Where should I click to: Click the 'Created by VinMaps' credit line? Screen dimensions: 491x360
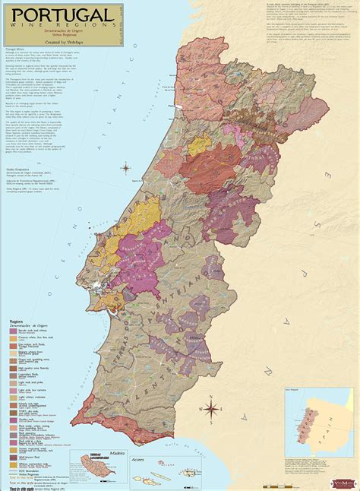(61, 46)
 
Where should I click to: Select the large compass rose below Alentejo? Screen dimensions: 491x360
(210, 410)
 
